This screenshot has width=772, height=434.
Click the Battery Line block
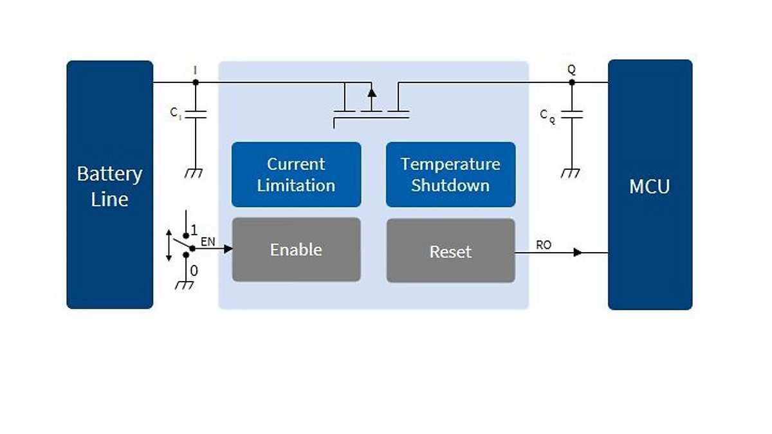109,185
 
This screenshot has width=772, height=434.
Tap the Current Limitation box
296,174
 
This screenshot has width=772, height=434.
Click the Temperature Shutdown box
450,174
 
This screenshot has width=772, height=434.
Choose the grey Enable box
296,249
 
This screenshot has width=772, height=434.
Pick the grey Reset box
450,251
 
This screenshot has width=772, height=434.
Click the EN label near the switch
208,242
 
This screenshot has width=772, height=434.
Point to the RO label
544,245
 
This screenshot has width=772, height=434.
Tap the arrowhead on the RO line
578,253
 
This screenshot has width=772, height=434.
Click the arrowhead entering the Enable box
228,249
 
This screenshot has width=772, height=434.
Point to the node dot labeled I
196,82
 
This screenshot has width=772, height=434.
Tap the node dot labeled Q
571,82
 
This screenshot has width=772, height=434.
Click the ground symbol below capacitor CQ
571,173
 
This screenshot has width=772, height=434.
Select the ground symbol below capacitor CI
195,173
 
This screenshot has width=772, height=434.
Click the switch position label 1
194,229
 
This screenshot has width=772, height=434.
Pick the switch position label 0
194,271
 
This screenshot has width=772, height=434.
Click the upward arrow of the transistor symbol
371,92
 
